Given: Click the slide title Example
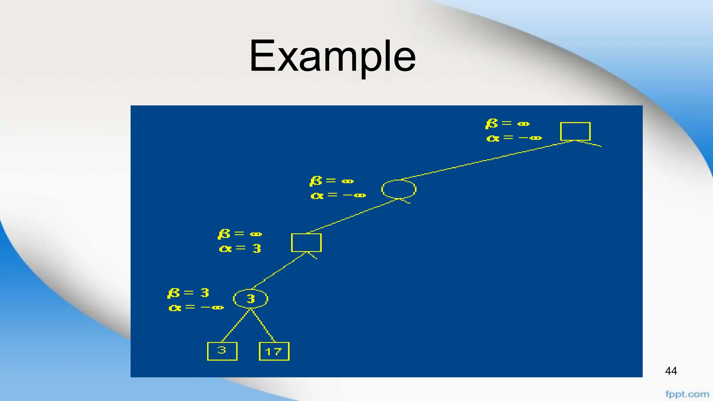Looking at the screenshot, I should (332, 56).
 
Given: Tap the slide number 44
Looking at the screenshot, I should (671, 371).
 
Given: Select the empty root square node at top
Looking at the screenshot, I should (575, 131).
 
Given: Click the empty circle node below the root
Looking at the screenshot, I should (399, 189).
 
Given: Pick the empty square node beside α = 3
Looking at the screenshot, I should (306, 243).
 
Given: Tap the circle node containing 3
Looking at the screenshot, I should (250, 299).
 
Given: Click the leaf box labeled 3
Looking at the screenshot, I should (222, 351).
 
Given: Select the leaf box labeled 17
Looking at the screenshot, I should (274, 351).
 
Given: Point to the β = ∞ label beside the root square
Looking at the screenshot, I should (507, 124).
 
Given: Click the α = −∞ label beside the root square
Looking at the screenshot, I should (514, 138).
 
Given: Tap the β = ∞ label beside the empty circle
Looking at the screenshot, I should (331, 181).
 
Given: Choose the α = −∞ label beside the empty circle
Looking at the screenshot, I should (338, 196).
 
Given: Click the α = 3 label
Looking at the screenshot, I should (240, 249).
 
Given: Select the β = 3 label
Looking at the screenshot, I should (188, 293).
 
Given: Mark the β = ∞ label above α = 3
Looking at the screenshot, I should (240, 234).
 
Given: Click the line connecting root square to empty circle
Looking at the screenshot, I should (487, 160).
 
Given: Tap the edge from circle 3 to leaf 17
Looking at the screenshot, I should (263, 325).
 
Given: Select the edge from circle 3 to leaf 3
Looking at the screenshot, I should (236, 325).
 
